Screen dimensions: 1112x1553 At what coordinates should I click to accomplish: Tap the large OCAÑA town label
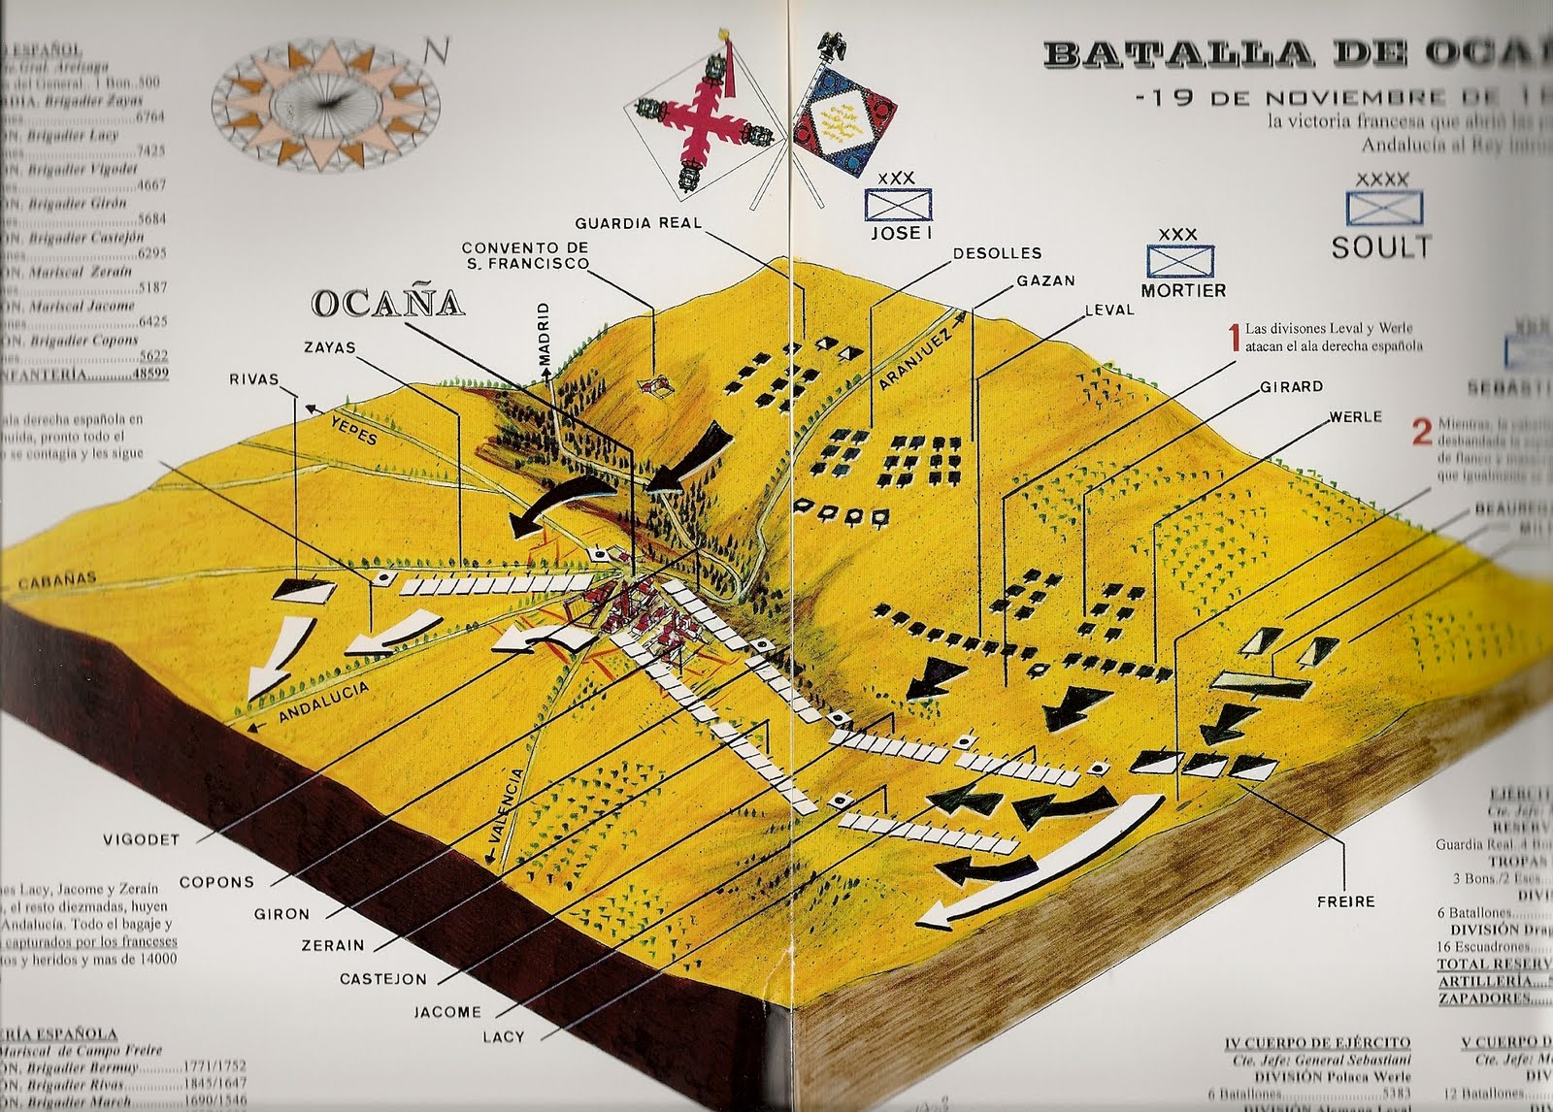pyautogui.click(x=387, y=304)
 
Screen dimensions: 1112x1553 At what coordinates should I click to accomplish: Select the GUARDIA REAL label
pyautogui.click(x=638, y=222)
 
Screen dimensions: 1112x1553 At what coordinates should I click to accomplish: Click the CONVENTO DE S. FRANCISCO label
pyautogui.click(x=525, y=256)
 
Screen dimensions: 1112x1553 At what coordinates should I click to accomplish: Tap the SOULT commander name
pyautogui.click(x=1380, y=247)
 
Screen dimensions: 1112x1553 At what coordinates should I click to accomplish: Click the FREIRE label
pyautogui.click(x=1345, y=901)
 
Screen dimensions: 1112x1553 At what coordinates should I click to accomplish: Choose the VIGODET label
pyautogui.click(x=142, y=839)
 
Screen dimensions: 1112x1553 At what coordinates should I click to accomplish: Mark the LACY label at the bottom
pyautogui.click(x=504, y=1037)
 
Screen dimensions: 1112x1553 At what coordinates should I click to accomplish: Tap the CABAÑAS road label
pyautogui.click(x=56, y=580)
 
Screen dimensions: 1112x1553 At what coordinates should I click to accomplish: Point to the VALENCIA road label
pyautogui.click(x=509, y=816)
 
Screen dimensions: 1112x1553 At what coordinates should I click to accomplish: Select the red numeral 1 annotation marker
pyautogui.click(x=1234, y=337)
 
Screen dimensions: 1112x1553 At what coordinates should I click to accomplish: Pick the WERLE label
pyautogui.click(x=1355, y=416)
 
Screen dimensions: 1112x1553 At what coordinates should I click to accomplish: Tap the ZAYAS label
pyautogui.click(x=329, y=347)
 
